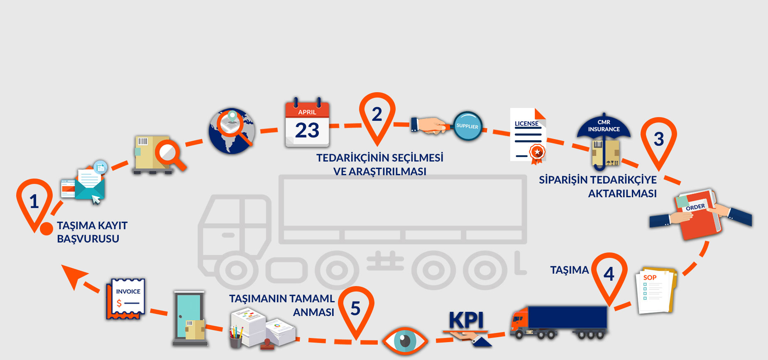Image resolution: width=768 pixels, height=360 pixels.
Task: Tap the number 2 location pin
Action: click(x=377, y=115)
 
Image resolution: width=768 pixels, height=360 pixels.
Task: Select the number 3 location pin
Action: click(x=658, y=140)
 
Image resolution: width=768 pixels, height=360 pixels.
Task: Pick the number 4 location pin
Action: click(x=609, y=274)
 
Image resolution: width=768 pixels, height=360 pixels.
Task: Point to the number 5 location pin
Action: click(x=356, y=309)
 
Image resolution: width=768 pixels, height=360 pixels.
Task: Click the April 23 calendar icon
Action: click(x=307, y=123)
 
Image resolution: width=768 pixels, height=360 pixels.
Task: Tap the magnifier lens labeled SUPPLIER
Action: click(x=467, y=126)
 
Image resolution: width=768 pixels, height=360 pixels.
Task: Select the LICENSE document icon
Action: click(x=528, y=135)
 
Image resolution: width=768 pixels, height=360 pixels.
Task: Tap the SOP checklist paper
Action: click(x=655, y=291)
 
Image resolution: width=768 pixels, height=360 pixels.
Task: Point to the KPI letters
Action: click(x=466, y=320)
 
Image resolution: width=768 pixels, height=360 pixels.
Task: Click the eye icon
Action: click(x=404, y=341)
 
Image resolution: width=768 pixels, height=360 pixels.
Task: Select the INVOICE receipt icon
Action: click(x=126, y=299)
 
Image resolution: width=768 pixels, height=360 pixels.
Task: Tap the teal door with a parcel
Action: click(x=189, y=317)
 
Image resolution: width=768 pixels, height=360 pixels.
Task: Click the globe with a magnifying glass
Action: click(x=232, y=131)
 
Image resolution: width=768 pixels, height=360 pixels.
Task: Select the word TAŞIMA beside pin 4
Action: click(x=569, y=270)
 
